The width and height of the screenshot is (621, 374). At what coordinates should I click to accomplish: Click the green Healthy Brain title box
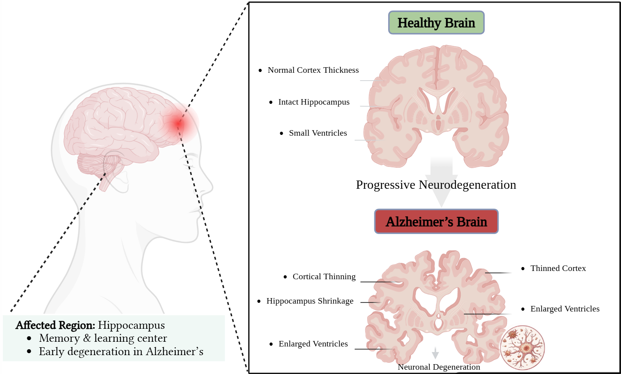[x=436, y=23]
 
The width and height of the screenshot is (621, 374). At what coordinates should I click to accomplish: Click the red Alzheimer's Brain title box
[x=436, y=221]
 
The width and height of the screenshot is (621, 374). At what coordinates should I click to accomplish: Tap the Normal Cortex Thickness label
[x=313, y=70]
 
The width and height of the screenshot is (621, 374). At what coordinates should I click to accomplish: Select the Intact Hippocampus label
[x=314, y=102]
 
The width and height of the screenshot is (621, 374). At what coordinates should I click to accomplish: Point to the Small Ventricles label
[x=318, y=133]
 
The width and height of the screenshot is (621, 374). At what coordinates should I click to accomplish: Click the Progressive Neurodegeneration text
[x=436, y=185]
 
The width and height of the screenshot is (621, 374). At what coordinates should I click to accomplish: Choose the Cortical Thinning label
[x=324, y=276]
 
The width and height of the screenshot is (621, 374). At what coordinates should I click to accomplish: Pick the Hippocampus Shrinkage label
[x=310, y=301]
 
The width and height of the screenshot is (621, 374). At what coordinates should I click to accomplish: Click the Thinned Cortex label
[x=558, y=268]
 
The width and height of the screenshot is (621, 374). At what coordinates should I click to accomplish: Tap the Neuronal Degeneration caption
[x=439, y=367]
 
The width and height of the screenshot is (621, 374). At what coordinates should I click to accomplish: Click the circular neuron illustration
[x=522, y=348]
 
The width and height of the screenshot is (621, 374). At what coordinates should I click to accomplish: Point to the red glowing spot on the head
[x=178, y=123]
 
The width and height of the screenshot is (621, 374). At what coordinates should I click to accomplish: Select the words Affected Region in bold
[x=55, y=325]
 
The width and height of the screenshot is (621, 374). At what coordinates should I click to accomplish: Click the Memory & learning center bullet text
[x=103, y=338]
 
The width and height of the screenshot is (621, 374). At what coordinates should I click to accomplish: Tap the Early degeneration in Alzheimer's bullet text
[x=121, y=352]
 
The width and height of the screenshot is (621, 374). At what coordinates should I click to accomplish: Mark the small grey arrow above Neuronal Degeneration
[x=435, y=353]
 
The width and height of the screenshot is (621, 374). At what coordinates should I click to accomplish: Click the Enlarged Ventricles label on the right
[x=565, y=309]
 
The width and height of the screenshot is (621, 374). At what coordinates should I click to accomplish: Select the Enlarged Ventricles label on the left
[x=313, y=344]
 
